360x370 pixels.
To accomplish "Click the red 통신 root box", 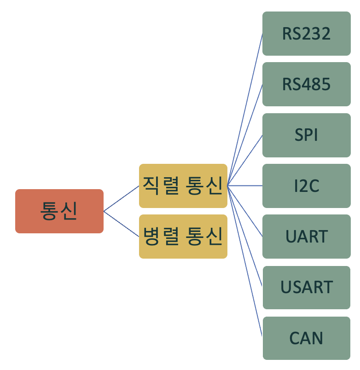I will click(x=59, y=211).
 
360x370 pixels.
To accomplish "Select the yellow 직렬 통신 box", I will click(x=183, y=186).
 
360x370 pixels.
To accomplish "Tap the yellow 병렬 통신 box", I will click(x=183, y=237).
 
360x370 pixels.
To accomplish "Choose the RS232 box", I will click(x=307, y=34).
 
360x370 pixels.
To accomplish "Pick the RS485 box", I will click(x=307, y=84).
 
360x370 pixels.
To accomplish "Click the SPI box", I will click(x=307, y=135).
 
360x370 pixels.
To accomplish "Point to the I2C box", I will click(x=307, y=186).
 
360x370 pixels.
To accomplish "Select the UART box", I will click(x=307, y=237).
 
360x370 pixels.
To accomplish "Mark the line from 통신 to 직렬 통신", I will click(x=121, y=198).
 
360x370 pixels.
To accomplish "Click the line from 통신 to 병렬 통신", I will click(x=121, y=224).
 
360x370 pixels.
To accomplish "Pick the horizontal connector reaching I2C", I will click(x=245, y=186).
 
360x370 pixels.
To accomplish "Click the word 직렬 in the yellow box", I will click(x=160, y=186).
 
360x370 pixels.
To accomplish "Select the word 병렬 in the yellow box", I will click(x=160, y=237).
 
